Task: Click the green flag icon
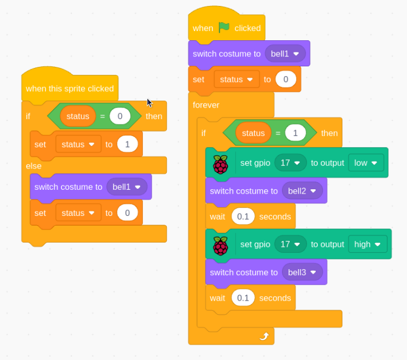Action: tap(224, 27)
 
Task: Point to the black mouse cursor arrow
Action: tap(149, 103)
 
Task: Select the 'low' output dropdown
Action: tap(366, 163)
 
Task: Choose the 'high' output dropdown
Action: tap(367, 244)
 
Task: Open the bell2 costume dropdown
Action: tap(302, 191)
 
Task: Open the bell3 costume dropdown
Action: tap(302, 272)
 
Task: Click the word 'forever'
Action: tap(206, 105)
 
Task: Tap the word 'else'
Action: tap(34, 166)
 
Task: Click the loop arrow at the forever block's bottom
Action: tap(264, 336)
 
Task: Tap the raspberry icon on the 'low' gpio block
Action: tap(221, 164)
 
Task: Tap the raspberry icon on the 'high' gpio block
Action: tap(221, 246)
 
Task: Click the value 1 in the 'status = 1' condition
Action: tap(296, 133)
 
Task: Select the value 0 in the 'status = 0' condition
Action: tap(120, 116)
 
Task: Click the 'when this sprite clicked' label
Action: tap(70, 89)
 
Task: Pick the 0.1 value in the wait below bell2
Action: tap(243, 216)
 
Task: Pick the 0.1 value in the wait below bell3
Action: tap(243, 297)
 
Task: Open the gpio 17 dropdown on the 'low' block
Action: tap(291, 163)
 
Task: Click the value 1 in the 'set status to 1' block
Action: tap(128, 144)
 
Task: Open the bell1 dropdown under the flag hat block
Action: tap(285, 54)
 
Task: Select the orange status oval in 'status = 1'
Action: tap(253, 133)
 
